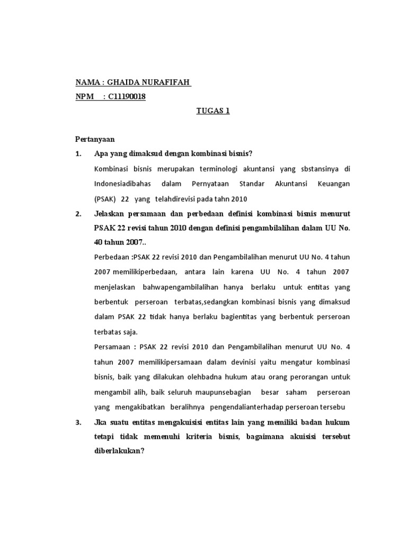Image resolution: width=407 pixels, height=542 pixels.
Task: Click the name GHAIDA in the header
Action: pyautogui.click(x=122, y=83)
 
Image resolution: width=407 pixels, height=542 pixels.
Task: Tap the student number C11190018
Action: pyautogui.click(x=127, y=96)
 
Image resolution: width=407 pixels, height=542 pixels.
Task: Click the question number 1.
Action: pyautogui.click(x=78, y=153)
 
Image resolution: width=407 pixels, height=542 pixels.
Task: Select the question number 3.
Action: pyautogui.click(x=78, y=422)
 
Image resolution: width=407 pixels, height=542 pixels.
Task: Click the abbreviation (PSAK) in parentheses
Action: pyautogui.click(x=105, y=198)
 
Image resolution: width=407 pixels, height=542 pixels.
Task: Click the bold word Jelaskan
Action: pyautogui.click(x=112, y=214)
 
